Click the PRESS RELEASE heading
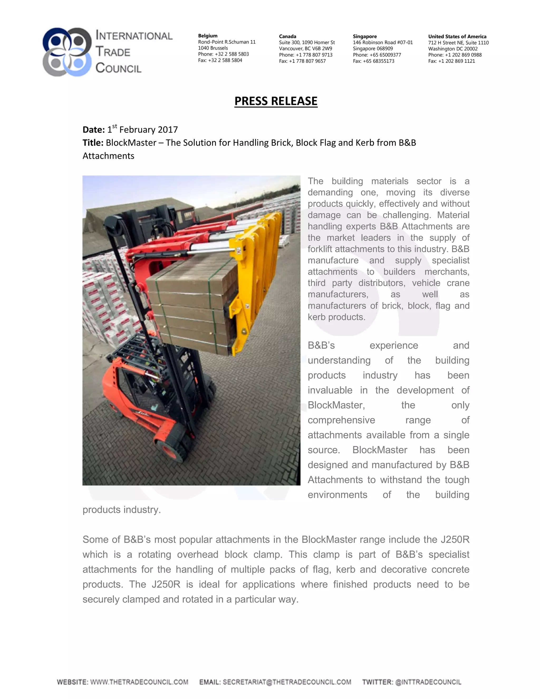[276, 101]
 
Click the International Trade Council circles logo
[67, 52]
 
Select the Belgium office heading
[208, 36]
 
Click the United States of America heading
[457, 36]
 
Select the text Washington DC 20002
[453, 49]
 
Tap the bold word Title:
[93, 143]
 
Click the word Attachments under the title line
[108, 156]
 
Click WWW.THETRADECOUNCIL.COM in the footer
[139, 682]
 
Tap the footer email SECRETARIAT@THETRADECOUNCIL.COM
[287, 682]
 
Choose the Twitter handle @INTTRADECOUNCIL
[428, 682]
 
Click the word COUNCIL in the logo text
[118, 68]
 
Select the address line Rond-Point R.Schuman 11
[226, 42]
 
